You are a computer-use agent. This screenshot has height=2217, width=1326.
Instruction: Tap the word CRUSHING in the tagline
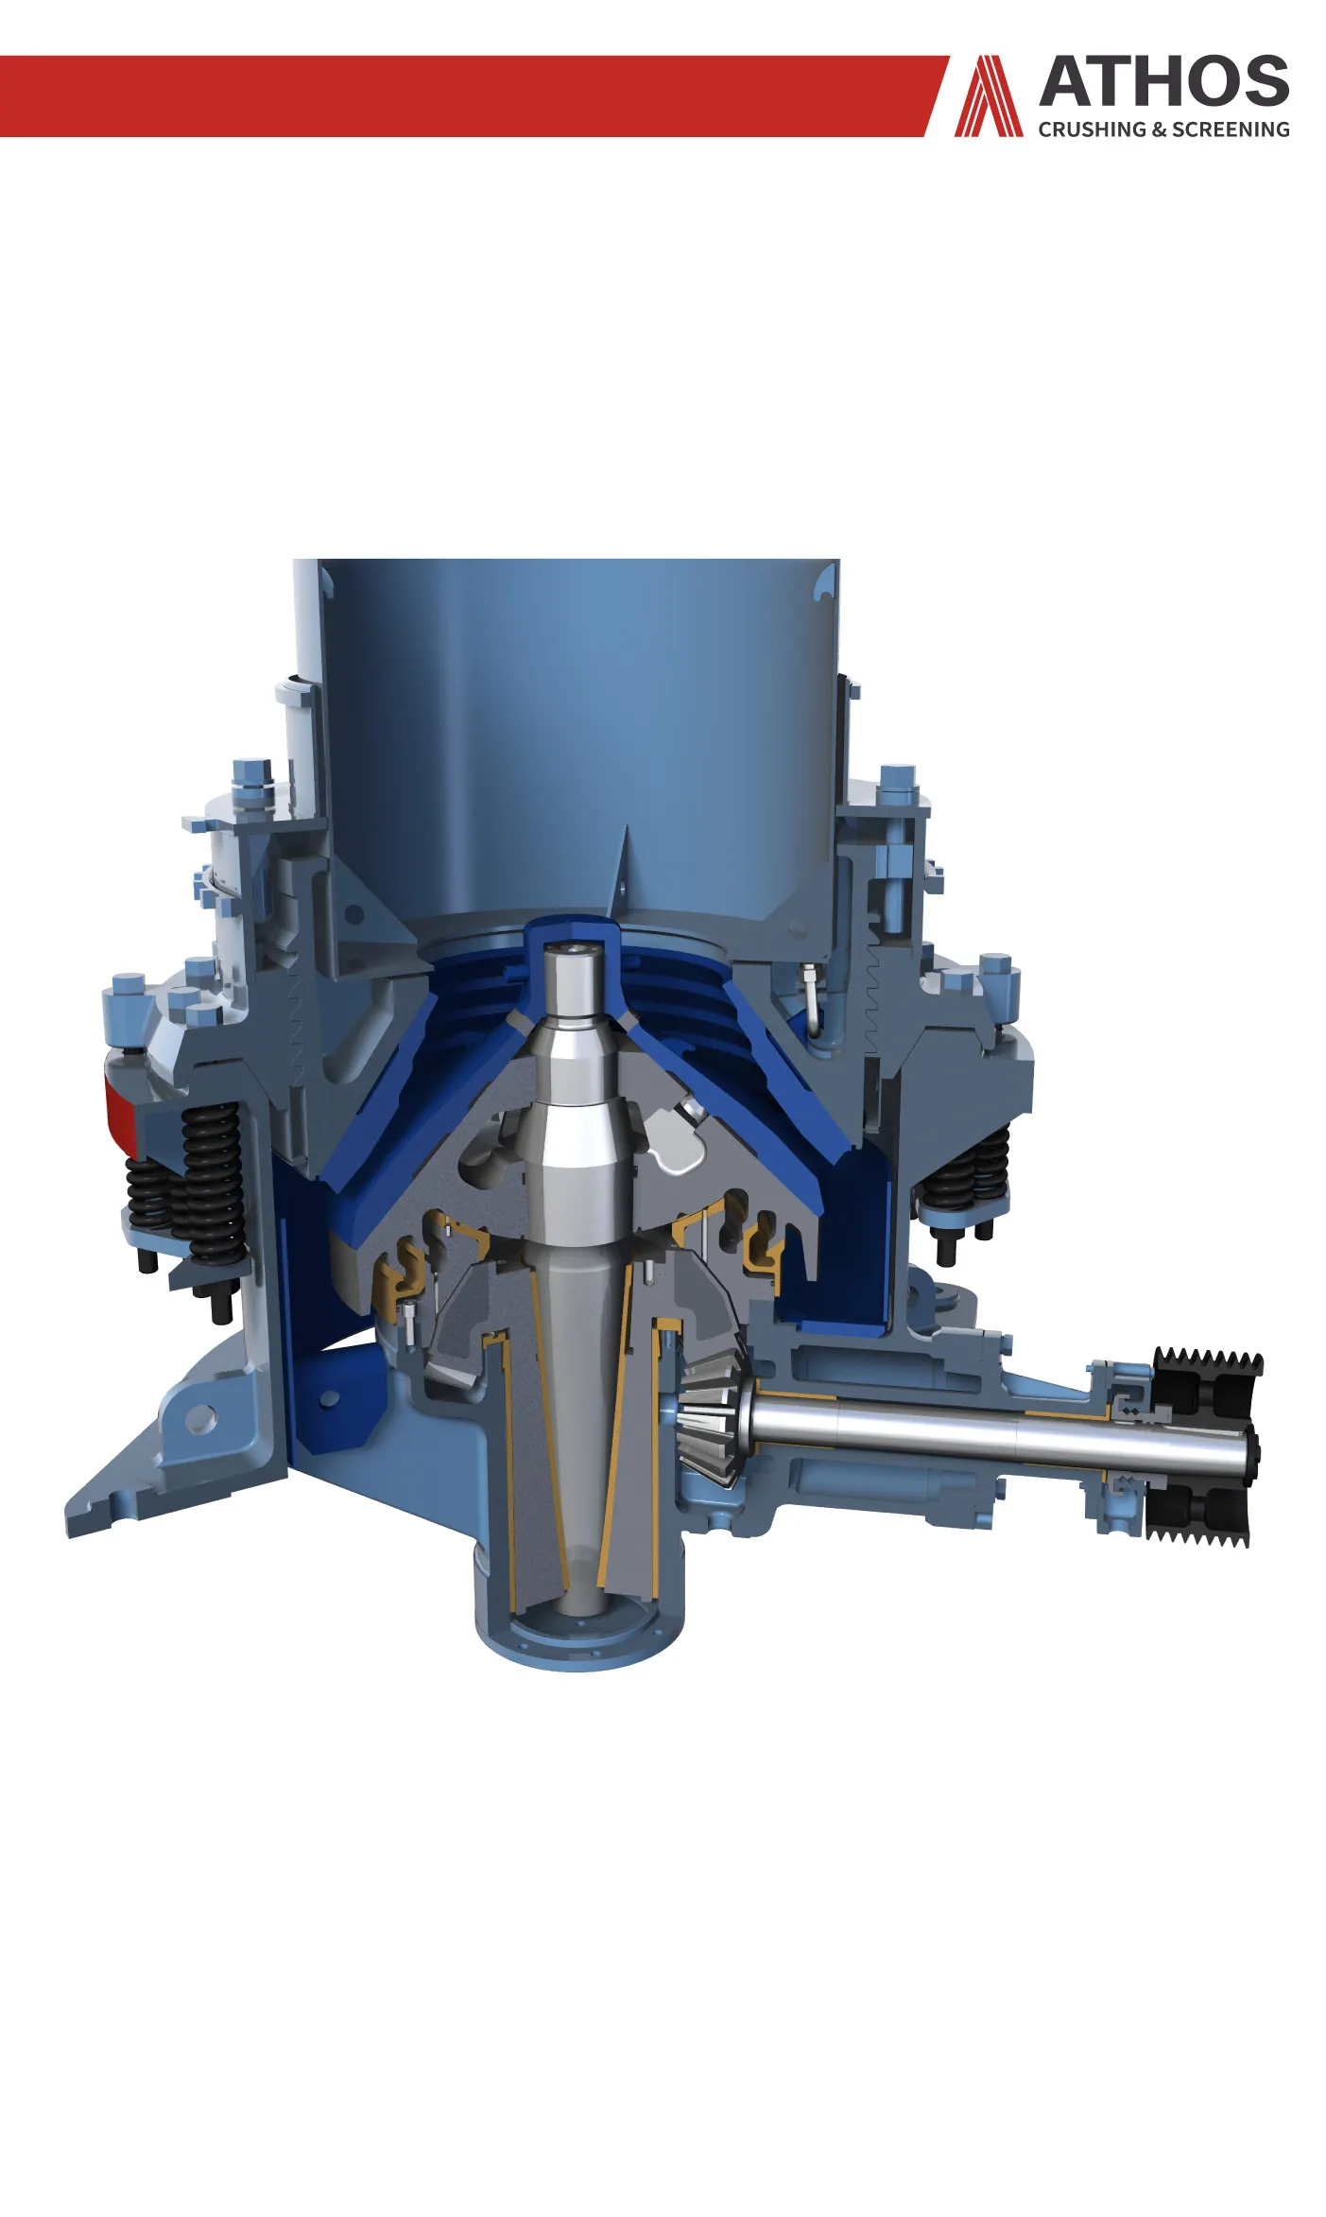coord(1093,130)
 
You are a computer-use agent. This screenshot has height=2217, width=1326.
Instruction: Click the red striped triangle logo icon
coord(989,95)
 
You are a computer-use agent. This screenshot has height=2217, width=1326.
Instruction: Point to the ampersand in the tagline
coord(1160,130)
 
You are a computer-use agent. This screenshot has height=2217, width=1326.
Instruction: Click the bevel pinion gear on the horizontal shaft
coord(715,1415)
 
